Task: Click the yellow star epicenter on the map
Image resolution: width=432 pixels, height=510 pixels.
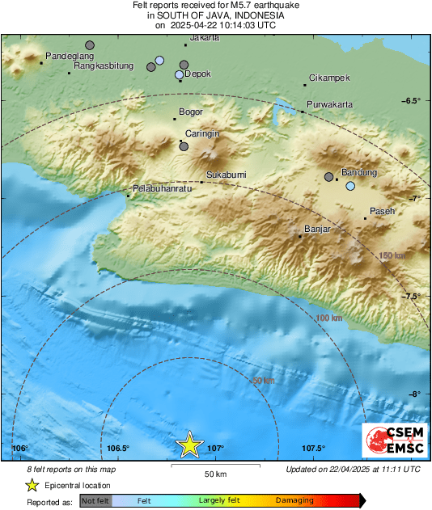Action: click(189, 445)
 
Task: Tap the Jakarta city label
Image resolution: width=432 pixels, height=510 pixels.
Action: click(204, 37)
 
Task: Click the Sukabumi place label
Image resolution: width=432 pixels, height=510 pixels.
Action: click(226, 175)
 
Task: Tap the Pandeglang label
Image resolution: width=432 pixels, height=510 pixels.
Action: click(70, 56)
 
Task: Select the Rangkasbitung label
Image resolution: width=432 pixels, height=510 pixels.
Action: click(104, 66)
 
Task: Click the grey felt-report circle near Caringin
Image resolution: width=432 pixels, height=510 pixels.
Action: click(184, 147)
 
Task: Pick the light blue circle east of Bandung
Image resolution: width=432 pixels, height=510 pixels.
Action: click(350, 186)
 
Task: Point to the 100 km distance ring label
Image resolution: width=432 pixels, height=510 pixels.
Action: click(328, 318)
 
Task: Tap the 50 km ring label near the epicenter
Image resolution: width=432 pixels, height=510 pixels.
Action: click(263, 380)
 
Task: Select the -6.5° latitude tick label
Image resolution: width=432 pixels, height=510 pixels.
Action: click(413, 100)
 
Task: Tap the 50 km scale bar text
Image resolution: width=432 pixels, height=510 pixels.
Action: click(214, 473)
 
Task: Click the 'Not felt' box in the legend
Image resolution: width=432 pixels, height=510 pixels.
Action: click(95, 501)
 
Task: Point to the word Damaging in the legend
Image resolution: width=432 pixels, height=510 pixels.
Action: click(294, 501)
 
